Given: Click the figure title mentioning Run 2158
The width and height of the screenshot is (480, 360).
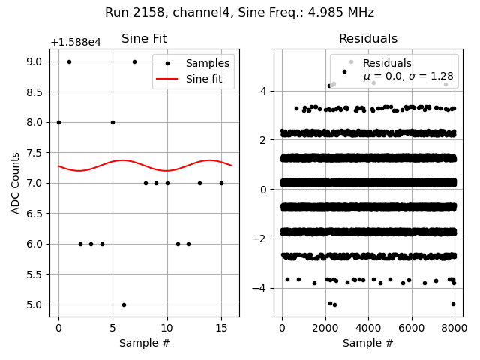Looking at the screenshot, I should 239,13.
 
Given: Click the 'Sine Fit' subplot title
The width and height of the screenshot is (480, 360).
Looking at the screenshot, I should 144,39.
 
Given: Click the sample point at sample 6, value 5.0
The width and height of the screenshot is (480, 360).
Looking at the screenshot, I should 124,304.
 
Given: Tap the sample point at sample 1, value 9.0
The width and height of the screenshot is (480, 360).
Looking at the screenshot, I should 69,61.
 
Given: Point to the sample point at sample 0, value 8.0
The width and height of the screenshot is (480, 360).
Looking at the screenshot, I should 58,122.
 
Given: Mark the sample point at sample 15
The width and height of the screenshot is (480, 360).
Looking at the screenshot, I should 221,183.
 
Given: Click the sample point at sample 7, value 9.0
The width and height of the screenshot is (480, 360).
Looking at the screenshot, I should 134,61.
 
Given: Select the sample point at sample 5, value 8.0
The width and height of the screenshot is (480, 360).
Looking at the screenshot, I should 112,122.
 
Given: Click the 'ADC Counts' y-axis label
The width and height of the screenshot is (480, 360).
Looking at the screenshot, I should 16,183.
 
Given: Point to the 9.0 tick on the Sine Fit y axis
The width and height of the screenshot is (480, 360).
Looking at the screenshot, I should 36,61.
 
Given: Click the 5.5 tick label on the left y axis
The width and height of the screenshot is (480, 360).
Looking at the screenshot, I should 36,274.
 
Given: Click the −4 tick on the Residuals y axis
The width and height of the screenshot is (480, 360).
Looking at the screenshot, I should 265,288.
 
